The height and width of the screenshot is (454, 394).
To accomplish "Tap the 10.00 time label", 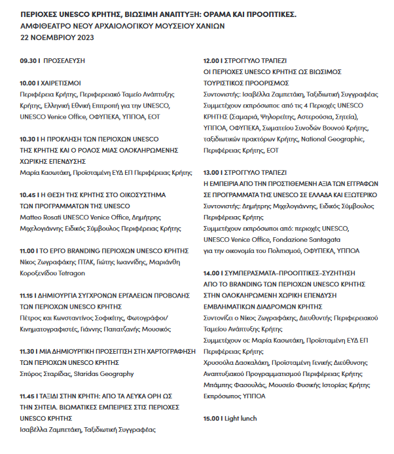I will pos(29,84).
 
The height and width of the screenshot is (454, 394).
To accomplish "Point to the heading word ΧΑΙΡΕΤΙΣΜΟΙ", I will pos(62,84).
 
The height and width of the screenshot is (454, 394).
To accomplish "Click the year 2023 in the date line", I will pos(85,37).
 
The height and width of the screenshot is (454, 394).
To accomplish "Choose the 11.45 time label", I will pos(29,397).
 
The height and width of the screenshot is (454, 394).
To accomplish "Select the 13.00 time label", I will pos(213,173).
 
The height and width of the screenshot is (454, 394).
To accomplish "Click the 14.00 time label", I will pos(213,273).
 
